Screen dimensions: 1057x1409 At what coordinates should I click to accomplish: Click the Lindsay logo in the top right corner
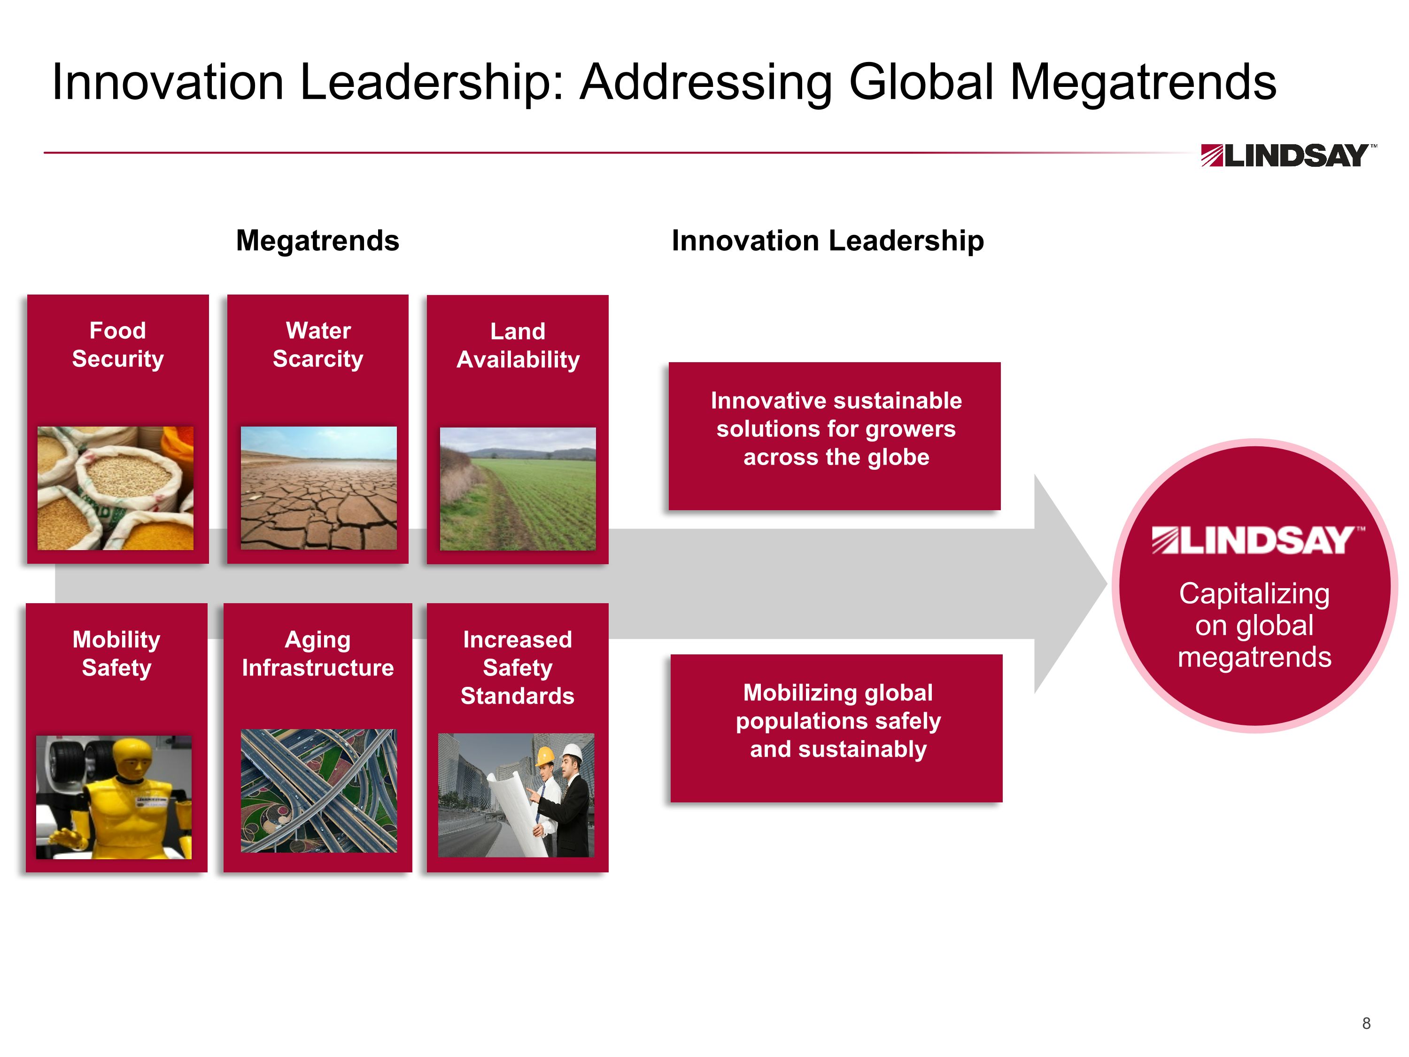1288,155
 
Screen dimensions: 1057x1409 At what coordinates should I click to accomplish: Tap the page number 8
1366,1023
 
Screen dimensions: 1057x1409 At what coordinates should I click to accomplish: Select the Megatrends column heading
317,241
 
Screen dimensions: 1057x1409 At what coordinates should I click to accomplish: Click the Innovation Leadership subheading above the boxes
828,241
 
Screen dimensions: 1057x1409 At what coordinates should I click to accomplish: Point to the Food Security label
118,345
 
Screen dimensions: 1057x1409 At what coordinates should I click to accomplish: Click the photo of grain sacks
115,488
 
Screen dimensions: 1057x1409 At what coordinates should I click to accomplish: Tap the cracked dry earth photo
318,488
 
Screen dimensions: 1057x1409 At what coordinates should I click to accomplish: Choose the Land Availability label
518,345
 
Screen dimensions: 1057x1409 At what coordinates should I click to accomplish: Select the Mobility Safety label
116,654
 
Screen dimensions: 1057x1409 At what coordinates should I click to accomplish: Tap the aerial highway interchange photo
318,791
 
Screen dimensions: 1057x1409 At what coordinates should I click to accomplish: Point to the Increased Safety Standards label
517,668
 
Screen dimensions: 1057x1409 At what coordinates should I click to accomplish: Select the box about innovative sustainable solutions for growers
835,436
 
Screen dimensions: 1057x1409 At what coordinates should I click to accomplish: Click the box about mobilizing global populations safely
836,728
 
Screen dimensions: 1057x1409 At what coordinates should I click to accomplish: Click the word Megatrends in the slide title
1143,82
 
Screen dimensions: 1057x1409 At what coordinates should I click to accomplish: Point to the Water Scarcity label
318,345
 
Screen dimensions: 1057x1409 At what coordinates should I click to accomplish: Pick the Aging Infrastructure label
318,654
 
